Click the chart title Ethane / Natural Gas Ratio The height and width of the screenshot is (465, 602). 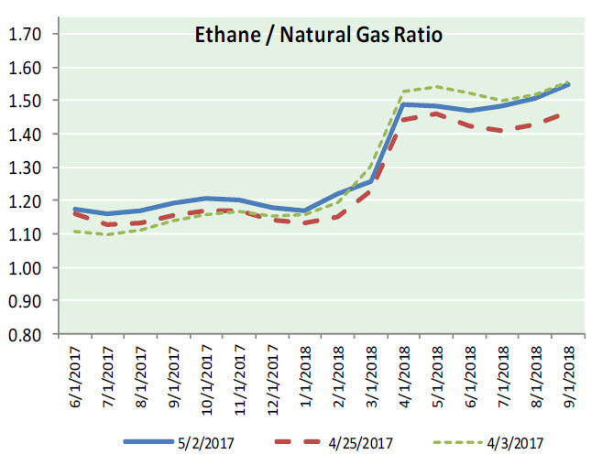[x=317, y=37]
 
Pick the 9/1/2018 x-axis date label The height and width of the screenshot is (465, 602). [x=568, y=375]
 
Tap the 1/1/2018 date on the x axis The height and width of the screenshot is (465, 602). [x=305, y=375]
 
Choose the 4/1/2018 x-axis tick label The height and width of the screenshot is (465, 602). [x=404, y=375]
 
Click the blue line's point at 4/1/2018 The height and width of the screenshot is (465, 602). [x=404, y=104]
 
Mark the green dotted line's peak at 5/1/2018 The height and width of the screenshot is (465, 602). [x=437, y=87]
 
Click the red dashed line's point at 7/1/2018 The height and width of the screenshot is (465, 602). [x=503, y=131]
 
